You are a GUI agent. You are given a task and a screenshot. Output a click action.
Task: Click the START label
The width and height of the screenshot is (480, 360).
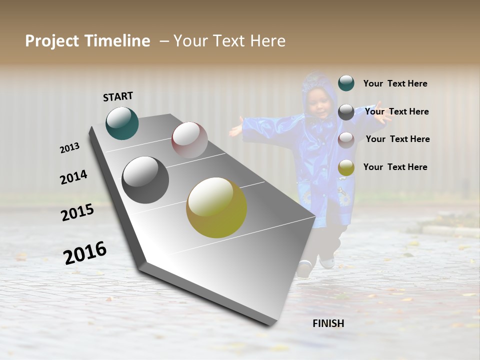tap(118, 96)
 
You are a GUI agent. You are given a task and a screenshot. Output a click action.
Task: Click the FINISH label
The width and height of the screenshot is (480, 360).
tap(328, 323)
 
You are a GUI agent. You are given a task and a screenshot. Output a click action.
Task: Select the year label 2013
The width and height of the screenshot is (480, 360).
tap(69, 148)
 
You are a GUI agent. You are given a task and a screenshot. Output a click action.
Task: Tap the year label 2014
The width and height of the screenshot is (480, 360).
tap(73, 177)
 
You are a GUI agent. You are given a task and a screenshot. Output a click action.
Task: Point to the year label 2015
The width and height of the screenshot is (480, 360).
tap(77, 212)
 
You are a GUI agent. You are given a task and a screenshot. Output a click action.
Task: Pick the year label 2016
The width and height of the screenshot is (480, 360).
tap(85, 252)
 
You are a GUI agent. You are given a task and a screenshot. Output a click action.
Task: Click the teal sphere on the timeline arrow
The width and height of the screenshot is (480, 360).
tap(122, 123)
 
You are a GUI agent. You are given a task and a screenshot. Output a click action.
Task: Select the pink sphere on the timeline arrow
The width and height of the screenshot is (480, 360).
tap(189, 140)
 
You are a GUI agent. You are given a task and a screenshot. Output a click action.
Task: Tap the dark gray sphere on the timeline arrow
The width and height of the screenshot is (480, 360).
tap(145, 180)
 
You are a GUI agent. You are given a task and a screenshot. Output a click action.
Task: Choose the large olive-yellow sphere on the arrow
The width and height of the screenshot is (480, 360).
tap(216, 207)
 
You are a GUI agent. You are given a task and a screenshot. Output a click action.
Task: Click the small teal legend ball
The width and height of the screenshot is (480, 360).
tap(346, 83)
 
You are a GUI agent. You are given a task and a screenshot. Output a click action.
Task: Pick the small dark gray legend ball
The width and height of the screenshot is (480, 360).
tap(346, 112)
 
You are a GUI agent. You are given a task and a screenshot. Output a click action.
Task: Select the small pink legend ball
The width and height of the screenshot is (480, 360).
tap(346, 140)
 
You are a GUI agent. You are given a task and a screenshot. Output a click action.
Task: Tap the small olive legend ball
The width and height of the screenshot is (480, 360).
tap(346, 168)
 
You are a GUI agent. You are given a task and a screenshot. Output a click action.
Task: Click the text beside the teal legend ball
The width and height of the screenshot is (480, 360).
tap(395, 83)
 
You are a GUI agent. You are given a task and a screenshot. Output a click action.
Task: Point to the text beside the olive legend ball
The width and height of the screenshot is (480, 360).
tap(395, 167)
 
